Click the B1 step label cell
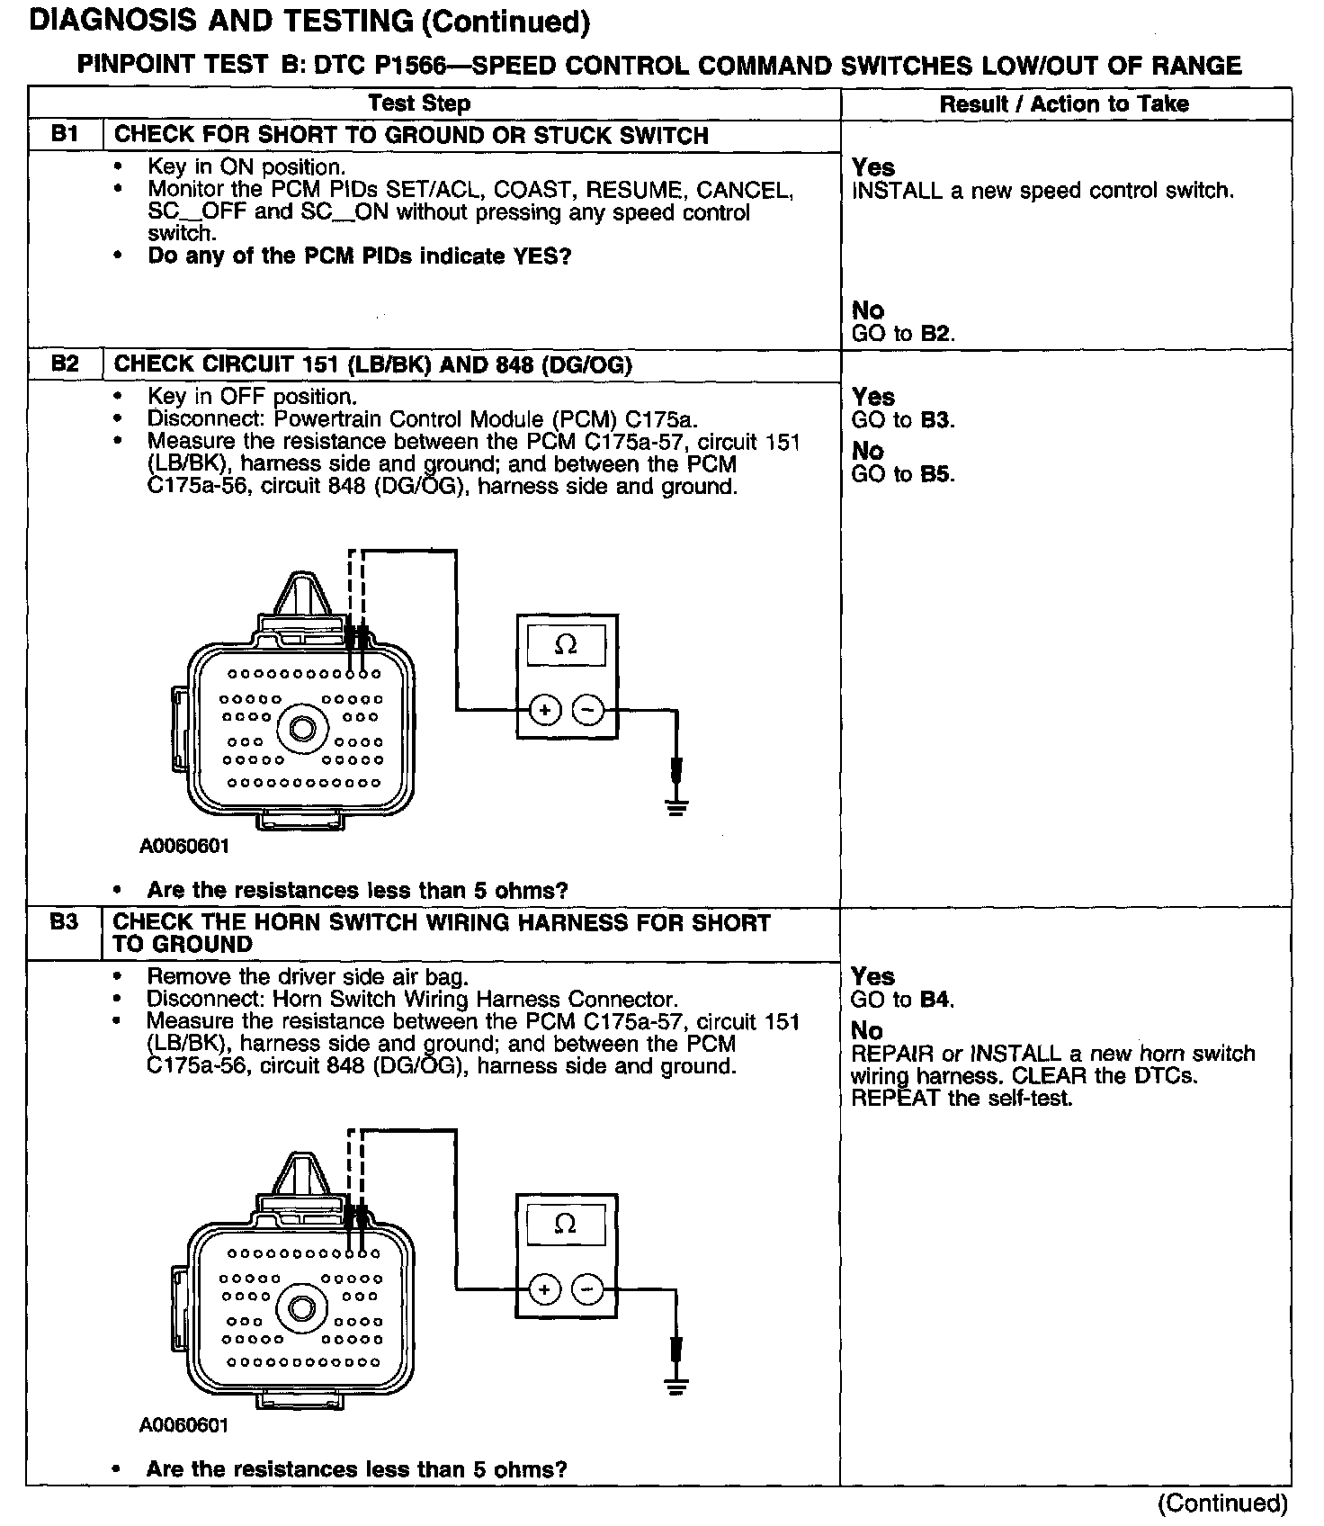(x=65, y=135)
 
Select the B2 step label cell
(x=65, y=364)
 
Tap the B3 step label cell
(x=64, y=922)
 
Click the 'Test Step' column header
(x=419, y=103)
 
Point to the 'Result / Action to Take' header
(x=1064, y=104)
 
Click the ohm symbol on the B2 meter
(x=566, y=645)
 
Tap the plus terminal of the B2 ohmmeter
(x=544, y=711)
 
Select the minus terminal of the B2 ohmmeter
(x=588, y=711)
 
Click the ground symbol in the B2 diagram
(x=676, y=803)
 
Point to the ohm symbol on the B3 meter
(x=566, y=1225)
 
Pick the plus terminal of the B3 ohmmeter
(x=544, y=1290)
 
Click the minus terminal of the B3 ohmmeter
(x=588, y=1290)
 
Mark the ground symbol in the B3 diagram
(x=676, y=1383)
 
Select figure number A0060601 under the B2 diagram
(x=184, y=847)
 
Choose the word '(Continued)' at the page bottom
(x=1222, y=1503)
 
